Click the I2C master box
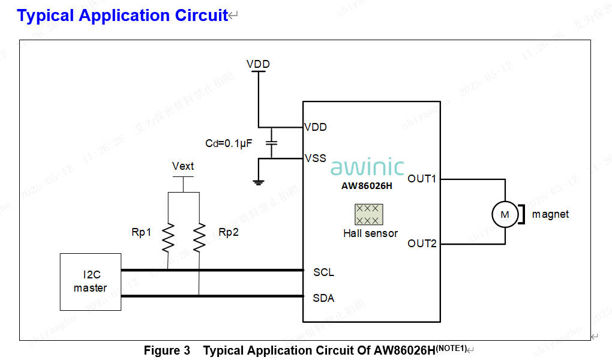91,282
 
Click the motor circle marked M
504,214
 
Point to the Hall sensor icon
368,214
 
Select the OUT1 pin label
422,179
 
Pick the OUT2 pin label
422,244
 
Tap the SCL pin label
323,272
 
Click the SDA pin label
323,298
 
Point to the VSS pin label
316,158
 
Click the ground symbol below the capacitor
259,182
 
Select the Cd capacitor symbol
272,143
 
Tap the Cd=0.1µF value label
229,143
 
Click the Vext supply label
183,166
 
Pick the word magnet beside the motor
550,214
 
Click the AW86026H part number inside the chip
367,185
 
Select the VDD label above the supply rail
258,64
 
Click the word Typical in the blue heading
46,16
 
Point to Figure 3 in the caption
167,350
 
